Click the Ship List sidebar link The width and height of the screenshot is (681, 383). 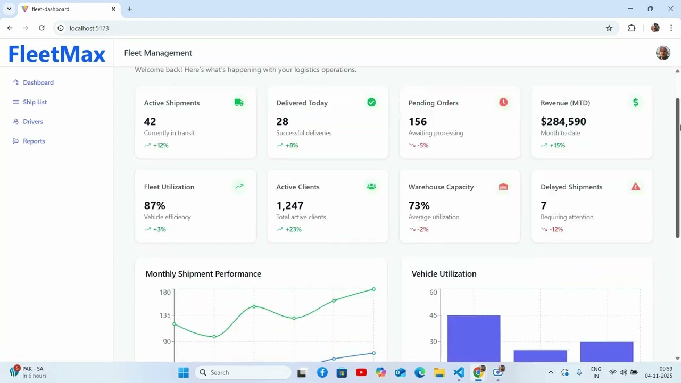pyautogui.click(x=35, y=102)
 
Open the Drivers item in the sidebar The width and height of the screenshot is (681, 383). pyautogui.click(x=32, y=122)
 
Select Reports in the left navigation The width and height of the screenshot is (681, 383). pyautogui.click(x=34, y=141)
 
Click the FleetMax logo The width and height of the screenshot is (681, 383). pyautogui.click(x=57, y=54)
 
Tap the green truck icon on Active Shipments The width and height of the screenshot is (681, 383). pyautogui.click(x=239, y=103)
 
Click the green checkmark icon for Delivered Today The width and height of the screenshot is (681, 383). pyautogui.click(x=371, y=103)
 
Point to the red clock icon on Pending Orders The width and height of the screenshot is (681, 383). pyautogui.click(x=503, y=102)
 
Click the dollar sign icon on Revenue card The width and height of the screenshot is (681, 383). pyautogui.click(x=635, y=102)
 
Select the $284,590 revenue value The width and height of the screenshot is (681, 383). pyautogui.click(x=563, y=122)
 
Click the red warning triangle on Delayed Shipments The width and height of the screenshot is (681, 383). pyautogui.click(x=635, y=187)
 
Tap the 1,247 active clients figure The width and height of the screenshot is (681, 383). pyautogui.click(x=290, y=206)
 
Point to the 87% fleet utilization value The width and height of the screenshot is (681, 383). pyautogui.click(x=155, y=206)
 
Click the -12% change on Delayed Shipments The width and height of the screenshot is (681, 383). pyautogui.click(x=556, y=229)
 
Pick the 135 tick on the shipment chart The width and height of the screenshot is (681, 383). pyautogui.click(x=164, y=315)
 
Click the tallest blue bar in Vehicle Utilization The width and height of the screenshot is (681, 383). pyautogui.click(x=474, y=338)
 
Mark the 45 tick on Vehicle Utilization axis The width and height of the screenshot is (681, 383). pyautogui.click(x=433, y=315)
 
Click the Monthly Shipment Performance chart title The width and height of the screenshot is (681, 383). pyautogui.click(x=203, y=274)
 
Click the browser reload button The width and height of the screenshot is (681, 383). pyautogui.click(x=41, y=28)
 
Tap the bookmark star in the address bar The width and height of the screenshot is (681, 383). pyautogui.click(x=609, y=28)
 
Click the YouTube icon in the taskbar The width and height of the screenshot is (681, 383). pyautogui.click(x=361, y=372)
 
